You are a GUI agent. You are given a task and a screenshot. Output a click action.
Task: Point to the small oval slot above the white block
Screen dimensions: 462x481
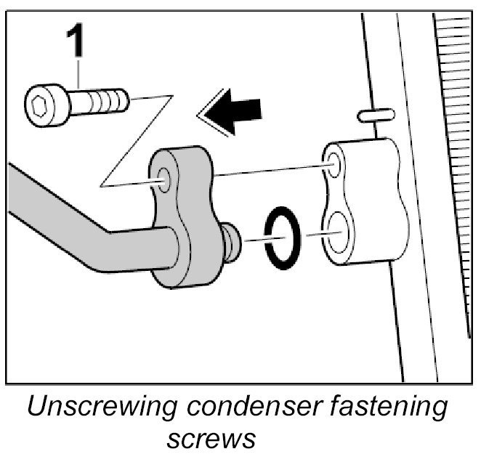376,114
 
